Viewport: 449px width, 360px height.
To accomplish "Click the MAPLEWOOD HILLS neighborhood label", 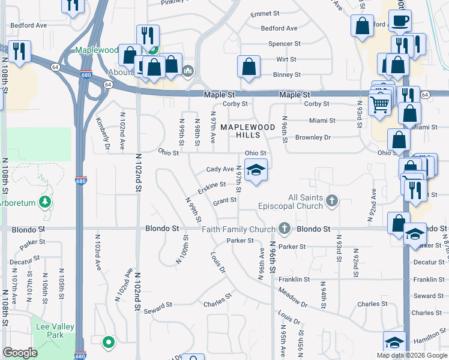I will point(247,131).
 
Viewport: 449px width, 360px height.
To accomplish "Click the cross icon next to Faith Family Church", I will point(285,229).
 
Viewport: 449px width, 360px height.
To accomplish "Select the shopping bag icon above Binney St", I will point(249,66).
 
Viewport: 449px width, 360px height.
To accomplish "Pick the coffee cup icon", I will point(400,20).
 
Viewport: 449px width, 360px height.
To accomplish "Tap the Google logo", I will point(20,353).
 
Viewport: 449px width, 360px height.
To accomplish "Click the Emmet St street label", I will point(265,13).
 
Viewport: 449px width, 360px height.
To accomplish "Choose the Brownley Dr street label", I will point(313,137).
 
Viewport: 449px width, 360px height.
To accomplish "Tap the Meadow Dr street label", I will point(292,298).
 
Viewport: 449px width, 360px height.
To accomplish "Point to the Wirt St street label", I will point(286,59).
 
